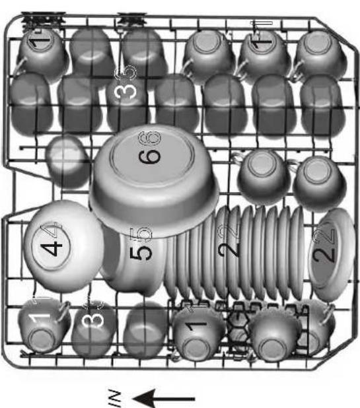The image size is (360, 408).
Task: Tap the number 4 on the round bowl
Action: tap(54, 248)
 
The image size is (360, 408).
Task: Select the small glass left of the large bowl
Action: tap(67, 160)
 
